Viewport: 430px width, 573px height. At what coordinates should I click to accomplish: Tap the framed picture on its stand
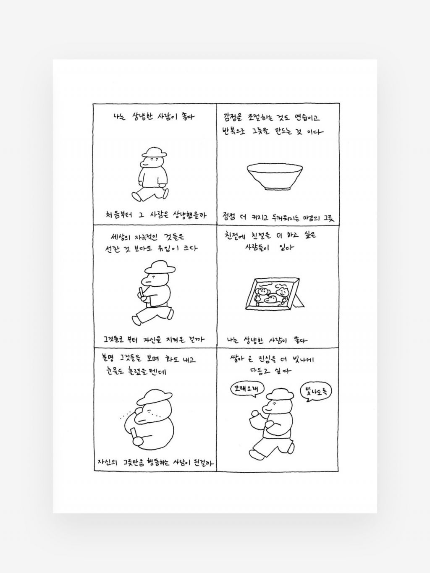[275, 293]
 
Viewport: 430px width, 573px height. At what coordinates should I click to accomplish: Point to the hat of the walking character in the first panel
[156, 152]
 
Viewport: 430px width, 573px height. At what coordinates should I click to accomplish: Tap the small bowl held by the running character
[255, 419]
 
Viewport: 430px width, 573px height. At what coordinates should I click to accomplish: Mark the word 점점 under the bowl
[229, 217]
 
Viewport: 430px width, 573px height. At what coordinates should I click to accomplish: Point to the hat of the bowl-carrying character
[280, 394]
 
